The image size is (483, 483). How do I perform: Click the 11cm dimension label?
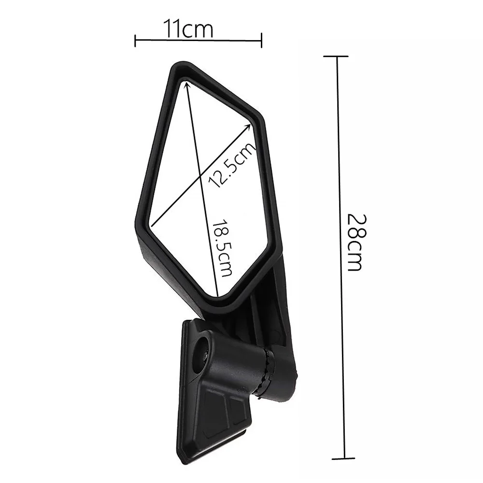pyautogui.click(x=188, y=28)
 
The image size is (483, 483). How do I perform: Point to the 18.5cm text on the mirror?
pyautogui.click(x=222, y=248)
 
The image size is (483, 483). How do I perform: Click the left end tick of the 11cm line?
pyautogui.click(x=135, y=41)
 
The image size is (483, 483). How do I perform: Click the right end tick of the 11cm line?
pyautogui.click(x=261, y=41)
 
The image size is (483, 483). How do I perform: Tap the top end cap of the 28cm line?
pyautogui.click(x=336, y=57)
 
